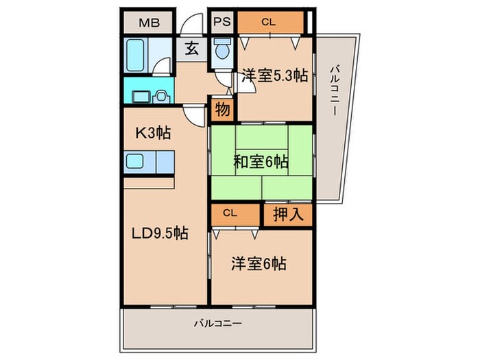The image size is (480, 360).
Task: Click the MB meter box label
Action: point(149,23)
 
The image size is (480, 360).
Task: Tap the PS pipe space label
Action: point(222,22)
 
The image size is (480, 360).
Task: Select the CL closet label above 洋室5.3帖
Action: point(269,22)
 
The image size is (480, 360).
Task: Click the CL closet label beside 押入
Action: point(230,213)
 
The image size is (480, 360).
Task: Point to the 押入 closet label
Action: point(288,214)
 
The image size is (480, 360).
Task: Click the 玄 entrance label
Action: point(192,49)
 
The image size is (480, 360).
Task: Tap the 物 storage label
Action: point(223,109)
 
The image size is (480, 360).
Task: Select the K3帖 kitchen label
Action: point(153,133)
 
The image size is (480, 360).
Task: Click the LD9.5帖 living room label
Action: point(160,234)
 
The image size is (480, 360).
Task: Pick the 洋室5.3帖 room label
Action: point(275,75)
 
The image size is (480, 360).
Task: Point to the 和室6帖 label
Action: point(261,162)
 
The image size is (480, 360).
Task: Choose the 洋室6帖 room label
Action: point(259,264)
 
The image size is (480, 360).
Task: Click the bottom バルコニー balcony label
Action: point(218,323)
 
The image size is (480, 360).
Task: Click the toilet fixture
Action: point(222,49)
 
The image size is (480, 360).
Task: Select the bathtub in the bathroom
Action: point(136,56)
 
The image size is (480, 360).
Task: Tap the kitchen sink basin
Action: point(135,161)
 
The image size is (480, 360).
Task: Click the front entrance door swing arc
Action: point(191,23)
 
